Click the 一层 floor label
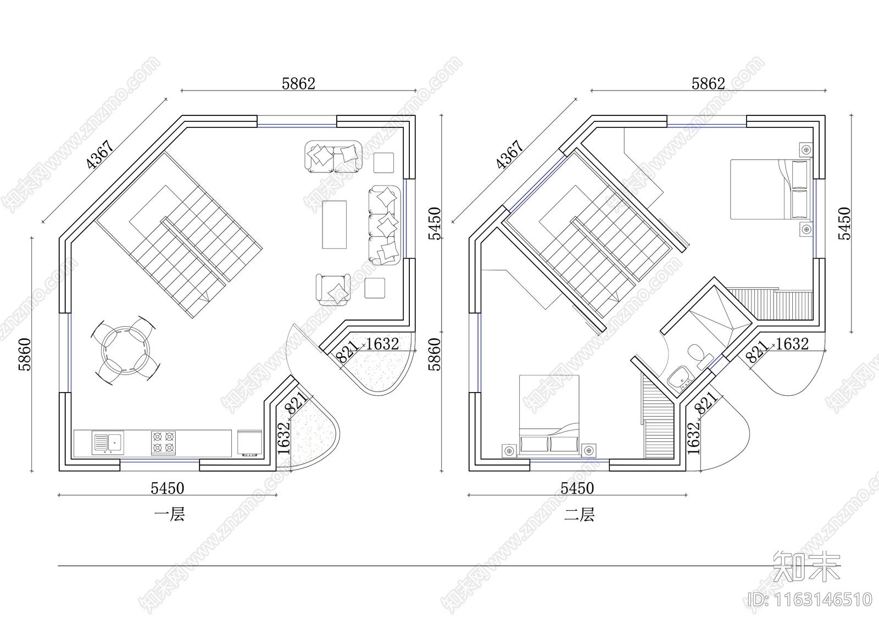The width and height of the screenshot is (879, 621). (x=169, y=514)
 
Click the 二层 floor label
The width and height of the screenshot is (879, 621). (x=579, y=514)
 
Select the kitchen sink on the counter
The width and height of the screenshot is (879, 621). (x=108, y=443)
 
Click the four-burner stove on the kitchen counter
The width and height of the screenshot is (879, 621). (x=163, y=443)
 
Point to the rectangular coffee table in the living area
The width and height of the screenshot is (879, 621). (x=335, y=225)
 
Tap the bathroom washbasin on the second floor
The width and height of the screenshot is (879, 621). (x=680, y=378)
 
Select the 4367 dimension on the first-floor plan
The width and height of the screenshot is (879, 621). (x=101, y=154)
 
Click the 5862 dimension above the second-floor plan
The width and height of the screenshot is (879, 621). (x=708, y=83)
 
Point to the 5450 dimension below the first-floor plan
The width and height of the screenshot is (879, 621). (x=168, y=489)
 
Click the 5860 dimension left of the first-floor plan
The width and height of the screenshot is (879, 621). (x=24, y=354)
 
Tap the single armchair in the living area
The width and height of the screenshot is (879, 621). (x=333, y=289)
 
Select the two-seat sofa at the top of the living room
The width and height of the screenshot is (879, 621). (x=333, y=156)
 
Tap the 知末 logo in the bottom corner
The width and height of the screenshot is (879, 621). (x=807, y=566)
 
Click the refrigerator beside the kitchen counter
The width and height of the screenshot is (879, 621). (x=249, y=443)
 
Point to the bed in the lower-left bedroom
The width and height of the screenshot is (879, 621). (x=549, y=416)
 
